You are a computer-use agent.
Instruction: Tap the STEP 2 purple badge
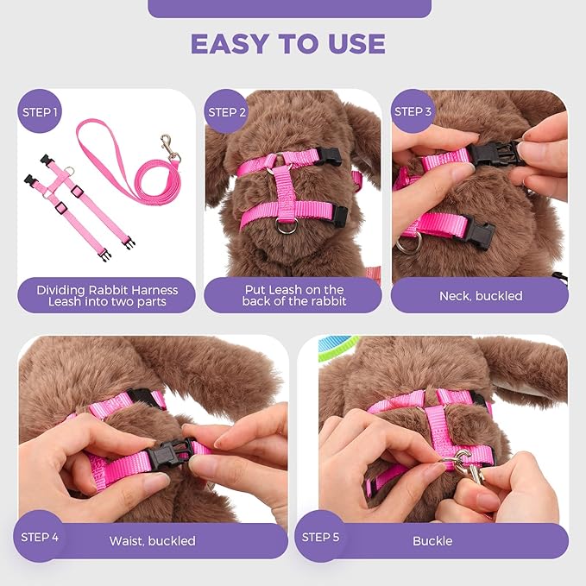[x=228, y=111]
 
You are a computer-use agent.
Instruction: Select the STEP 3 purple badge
[x=413, y=111]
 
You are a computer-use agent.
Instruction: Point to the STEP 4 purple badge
[x=41, y=537]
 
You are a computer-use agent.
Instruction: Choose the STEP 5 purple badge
[x=320, y=537]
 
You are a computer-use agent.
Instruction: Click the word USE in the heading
[x=356, y=43]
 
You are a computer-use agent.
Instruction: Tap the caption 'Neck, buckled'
[x=480, y=296]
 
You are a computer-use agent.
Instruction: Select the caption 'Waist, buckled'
[x=153, y=541]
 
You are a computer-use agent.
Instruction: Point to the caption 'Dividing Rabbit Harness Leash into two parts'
[x=107, y=296]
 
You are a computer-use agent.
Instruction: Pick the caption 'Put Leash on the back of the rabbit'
[x=293, y=296]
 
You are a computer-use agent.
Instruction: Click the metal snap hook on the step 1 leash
[x=170, y=148]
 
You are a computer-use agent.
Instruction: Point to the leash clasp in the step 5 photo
[x=471, y=471]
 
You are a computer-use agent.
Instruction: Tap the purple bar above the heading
[x=289, y=9]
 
